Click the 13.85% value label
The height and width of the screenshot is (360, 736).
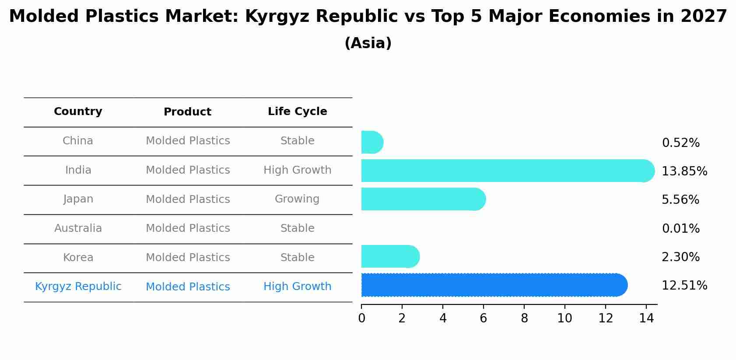click(684, 171)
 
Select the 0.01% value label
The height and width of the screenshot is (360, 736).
click(680, 229)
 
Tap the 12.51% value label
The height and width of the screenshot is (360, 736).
click(684, 286)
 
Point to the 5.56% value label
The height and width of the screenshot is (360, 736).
click(680, 200)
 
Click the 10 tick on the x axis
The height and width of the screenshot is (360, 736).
click(564, 318)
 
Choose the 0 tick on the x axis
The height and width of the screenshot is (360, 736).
click(361, 318)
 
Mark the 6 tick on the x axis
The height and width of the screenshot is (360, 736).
click(484, 318)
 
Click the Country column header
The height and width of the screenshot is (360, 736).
click(78, 112)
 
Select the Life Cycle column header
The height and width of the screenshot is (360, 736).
click(298, 112)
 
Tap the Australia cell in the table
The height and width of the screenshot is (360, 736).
click(78, 228)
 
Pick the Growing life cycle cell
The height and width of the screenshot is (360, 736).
click(297, 199)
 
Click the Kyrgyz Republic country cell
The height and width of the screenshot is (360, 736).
click(78, 287)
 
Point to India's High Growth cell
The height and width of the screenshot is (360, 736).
click(298, 170)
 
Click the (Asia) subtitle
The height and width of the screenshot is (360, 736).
click(368, 43)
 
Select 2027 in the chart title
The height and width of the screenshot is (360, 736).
click(704, 17)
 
